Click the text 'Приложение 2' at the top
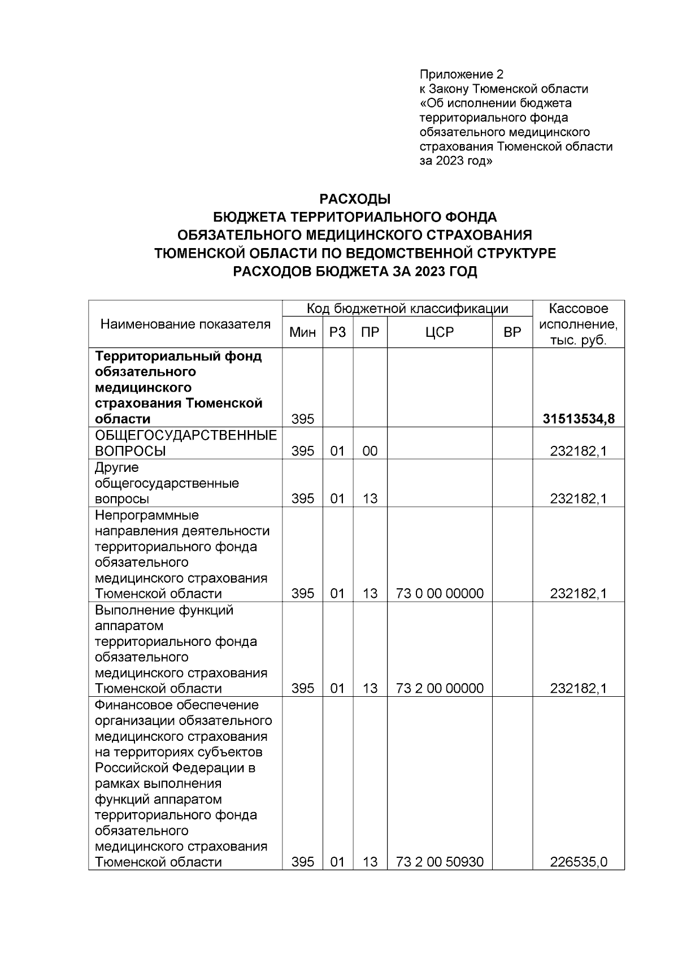click(x=461, y=75)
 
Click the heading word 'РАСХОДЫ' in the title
click(x=355, y=199)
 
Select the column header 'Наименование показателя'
click(x=185, y=324)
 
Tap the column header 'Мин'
click(x=302, y=333)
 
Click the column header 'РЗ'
click(x=337, y=333)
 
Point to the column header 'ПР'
click(x=370, y=333)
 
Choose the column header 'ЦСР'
click(x=440, y=333)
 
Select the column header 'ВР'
click(x=512, y=333)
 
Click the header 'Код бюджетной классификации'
click(x=407, y=309)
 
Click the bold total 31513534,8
click(x=579, y=419)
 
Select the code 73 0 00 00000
click(x=440, y=593)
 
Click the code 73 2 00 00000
click(x=440, y=688)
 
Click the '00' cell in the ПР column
click(x=370, y=451)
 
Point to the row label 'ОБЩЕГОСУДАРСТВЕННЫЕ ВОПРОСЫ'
click(x=185, y=443)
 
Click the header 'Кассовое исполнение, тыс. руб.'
click(x=579, y=324)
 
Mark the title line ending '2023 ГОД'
click(x=355, y=272)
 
